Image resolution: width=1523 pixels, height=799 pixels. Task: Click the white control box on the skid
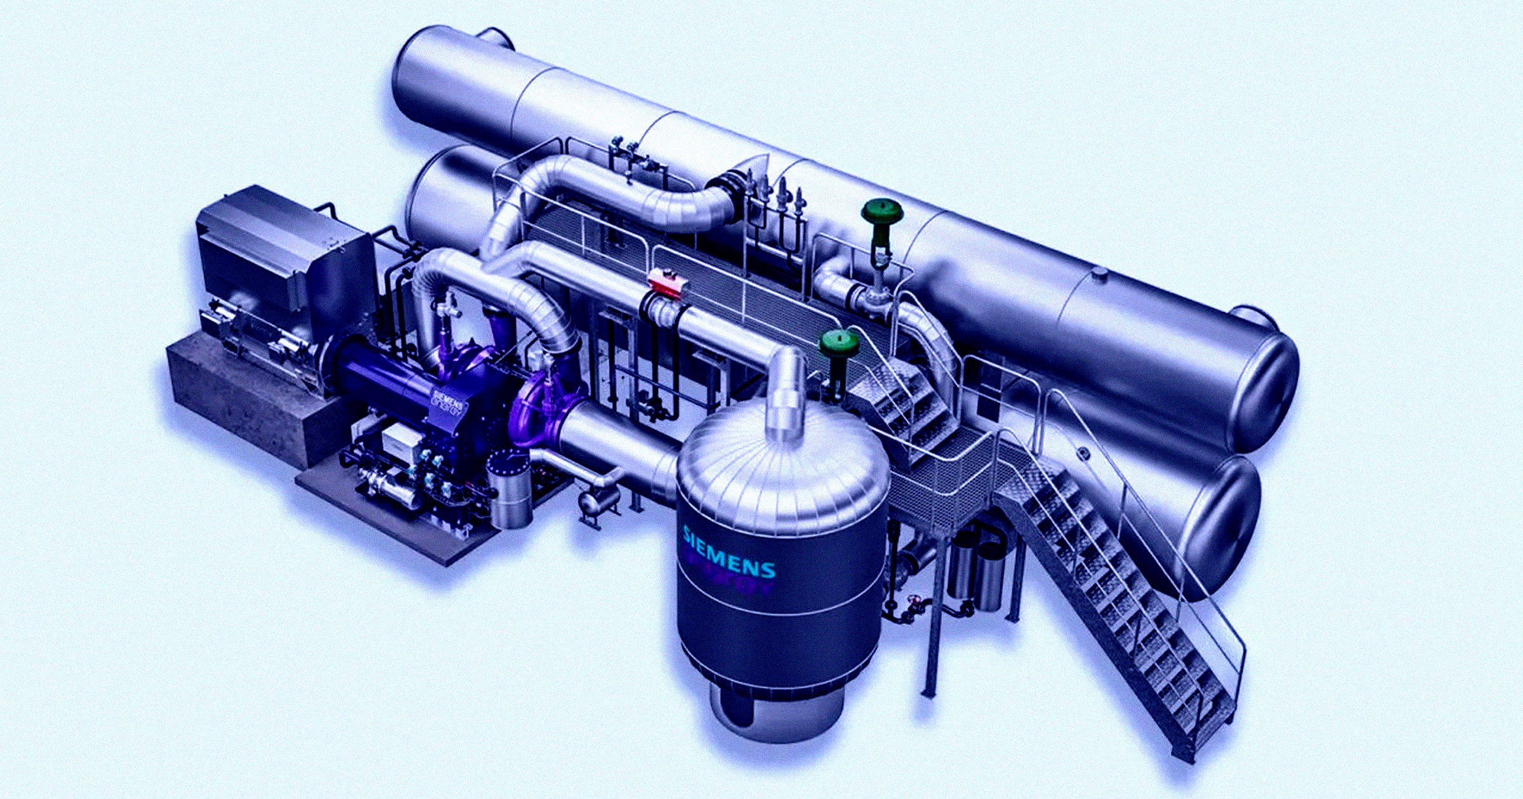point(397,438)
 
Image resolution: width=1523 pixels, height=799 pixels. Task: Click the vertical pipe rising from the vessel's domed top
point(787,393)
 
